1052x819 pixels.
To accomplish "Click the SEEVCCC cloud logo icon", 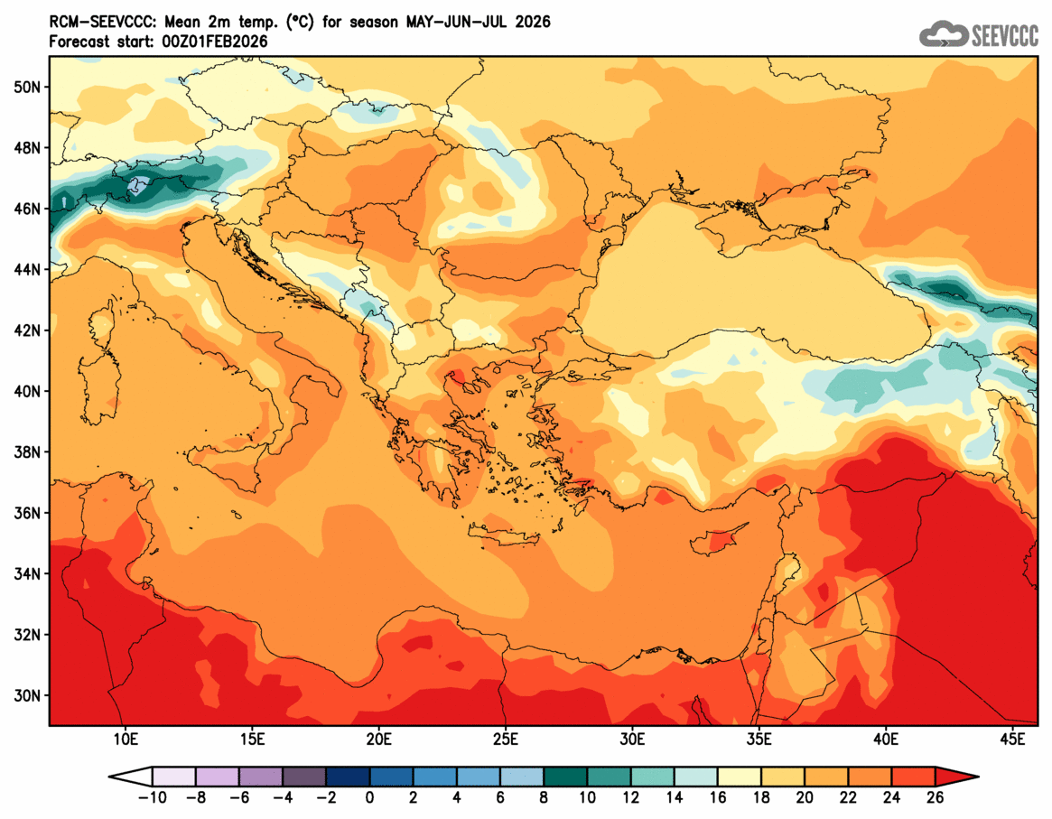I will [x=943, y=35].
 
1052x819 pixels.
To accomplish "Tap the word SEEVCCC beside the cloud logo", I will [x=1005, y=36].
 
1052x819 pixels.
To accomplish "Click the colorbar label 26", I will [x=935, y=797].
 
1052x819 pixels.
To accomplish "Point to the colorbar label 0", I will [x=369, y=797].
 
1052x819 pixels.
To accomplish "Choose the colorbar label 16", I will [x=718, y=797].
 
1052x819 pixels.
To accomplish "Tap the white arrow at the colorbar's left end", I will [x=130, y=776].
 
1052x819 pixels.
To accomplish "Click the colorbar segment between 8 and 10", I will [x=565, y=776].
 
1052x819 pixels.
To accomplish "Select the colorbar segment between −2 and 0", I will [x=348, y=776].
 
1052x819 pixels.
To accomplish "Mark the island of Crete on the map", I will [x=510, y=538].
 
